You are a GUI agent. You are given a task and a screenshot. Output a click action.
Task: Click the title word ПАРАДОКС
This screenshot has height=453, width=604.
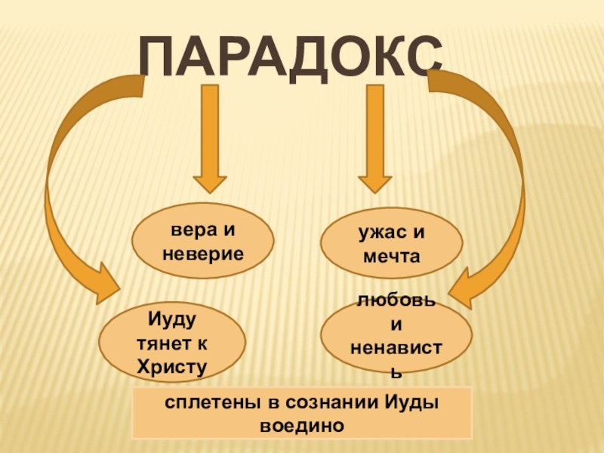click(x=291, y=57)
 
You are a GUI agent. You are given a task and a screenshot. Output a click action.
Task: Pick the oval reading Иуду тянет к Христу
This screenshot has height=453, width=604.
click(x=171, y=343)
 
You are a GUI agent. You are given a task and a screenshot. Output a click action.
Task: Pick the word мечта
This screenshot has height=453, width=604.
click(x=390, y=257)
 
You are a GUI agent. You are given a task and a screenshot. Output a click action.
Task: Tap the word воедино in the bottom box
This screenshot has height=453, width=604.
click(x=302, y=424)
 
